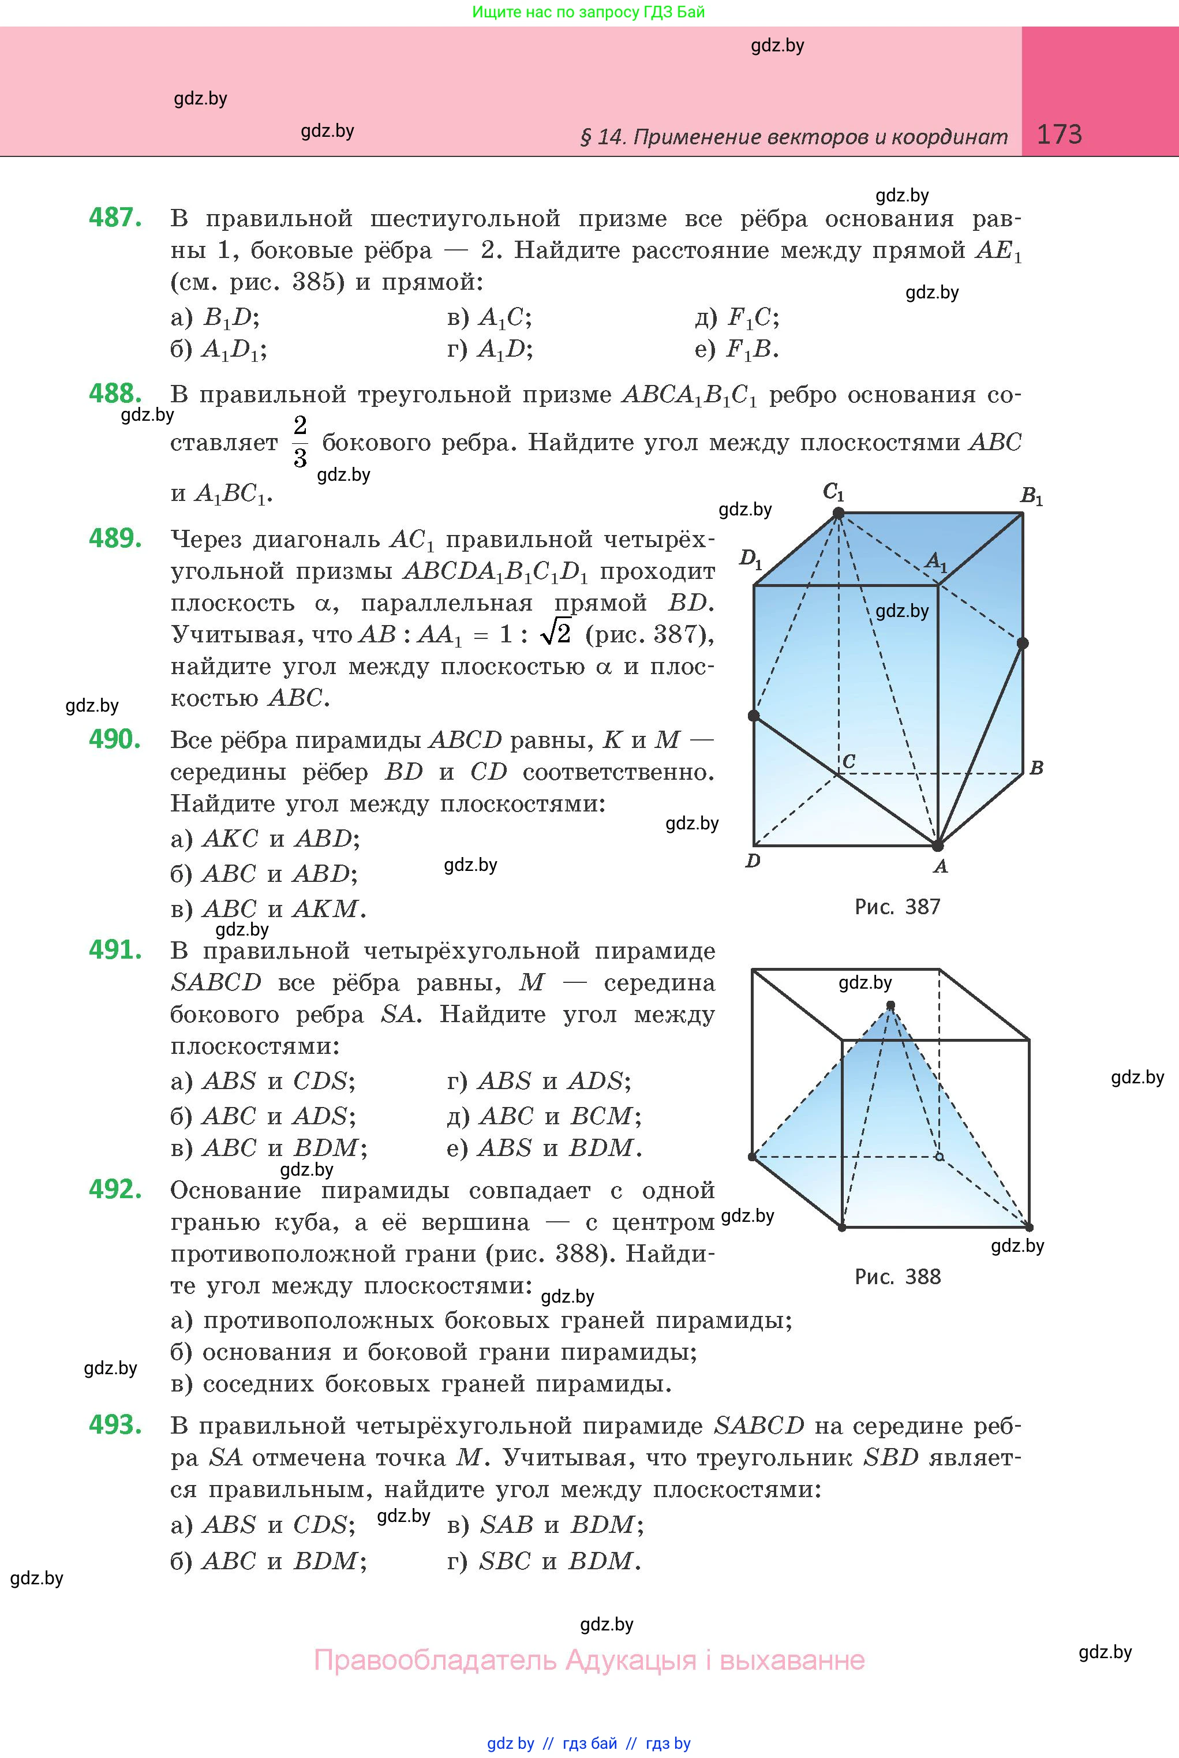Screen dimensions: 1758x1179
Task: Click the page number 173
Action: [1059, 134]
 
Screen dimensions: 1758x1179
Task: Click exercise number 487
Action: [115, 218]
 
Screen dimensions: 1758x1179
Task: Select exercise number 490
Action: [115, 739]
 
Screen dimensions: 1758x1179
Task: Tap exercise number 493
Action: [115, 1424]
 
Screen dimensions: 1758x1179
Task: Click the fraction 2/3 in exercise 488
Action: [300, 442]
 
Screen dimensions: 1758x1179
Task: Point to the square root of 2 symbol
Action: [556, 633]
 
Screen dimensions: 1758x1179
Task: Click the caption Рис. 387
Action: [897, 907]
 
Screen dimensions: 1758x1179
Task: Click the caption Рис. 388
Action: [897, 1277]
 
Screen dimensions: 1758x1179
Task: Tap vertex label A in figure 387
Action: [940, 867]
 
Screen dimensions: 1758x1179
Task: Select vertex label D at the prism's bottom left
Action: [753, 861]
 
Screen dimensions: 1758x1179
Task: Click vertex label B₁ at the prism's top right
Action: [1031, 496]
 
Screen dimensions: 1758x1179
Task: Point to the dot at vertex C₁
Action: [839, 514]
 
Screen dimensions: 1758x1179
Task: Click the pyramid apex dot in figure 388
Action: [891, 1005]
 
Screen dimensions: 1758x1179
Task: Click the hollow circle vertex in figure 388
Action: [939, 1157]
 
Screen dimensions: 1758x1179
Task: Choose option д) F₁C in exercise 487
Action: [738, 318]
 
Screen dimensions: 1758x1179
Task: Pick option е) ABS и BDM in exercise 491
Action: [544, 1148]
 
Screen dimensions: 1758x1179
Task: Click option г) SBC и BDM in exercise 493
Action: [544, 1562]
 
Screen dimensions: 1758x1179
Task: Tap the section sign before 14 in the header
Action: [586, 137]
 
